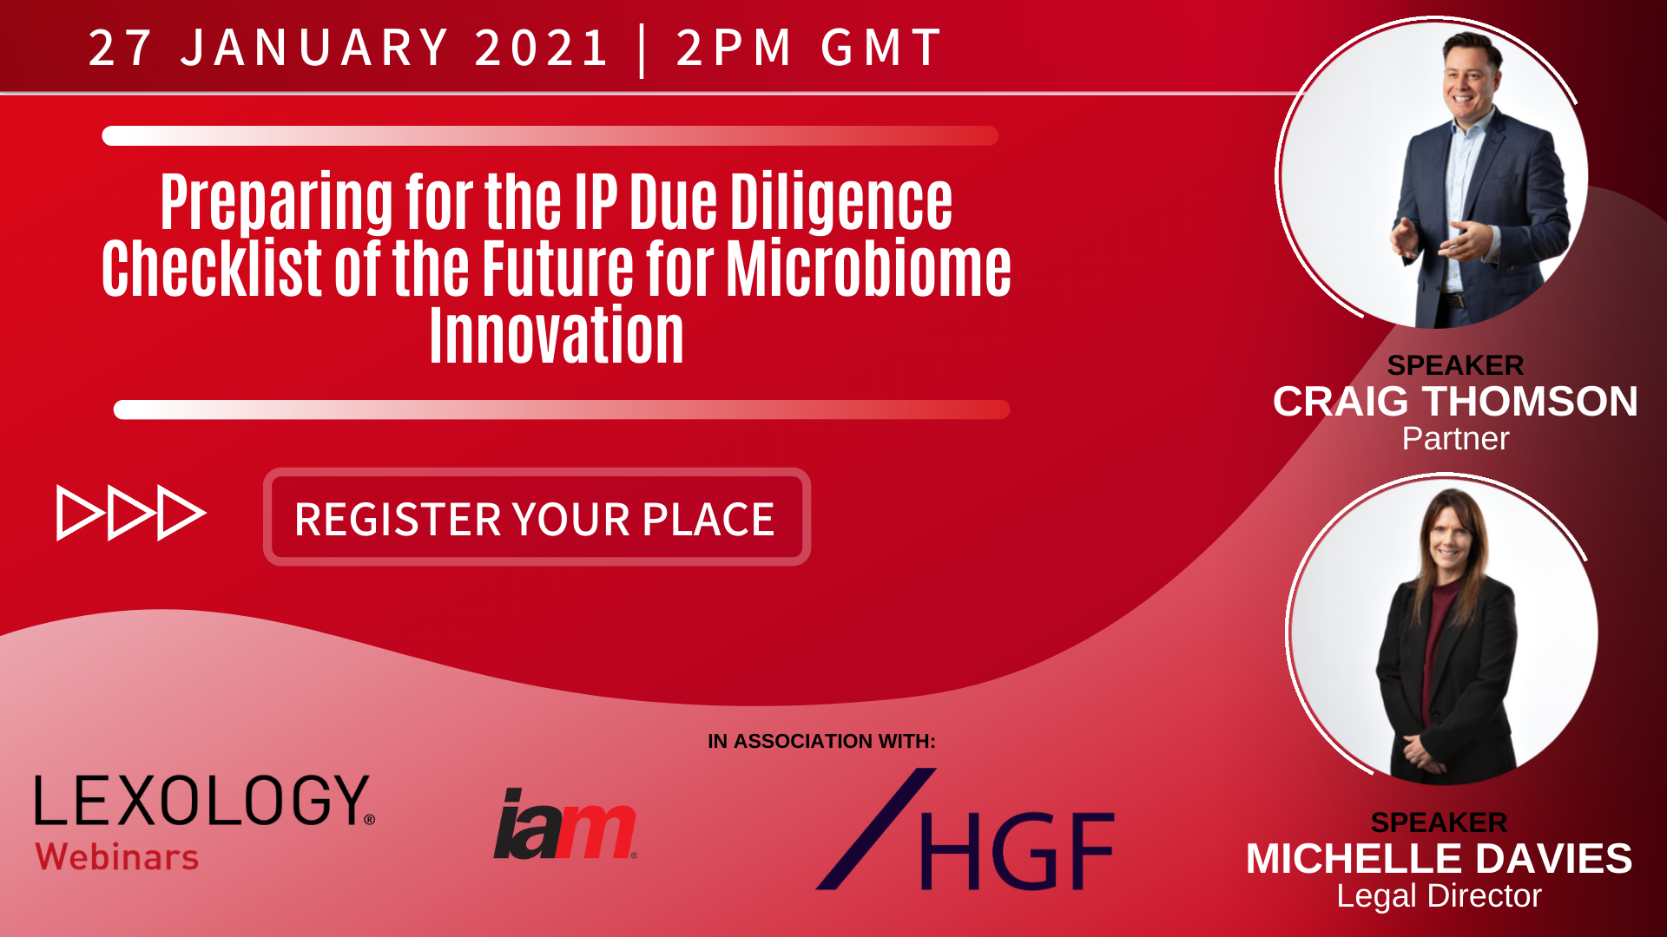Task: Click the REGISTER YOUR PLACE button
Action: pyautogui.click(x=537, y=517)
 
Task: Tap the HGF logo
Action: pyautogui.click(x=965, y=829)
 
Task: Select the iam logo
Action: pyautogui.click(x=565, y=823)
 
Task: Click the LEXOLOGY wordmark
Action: pyautogui.click(x=204, y=800)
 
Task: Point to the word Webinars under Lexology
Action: pyautogui.click(x=117, y=857)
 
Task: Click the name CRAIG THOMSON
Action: pyautogui.click(x=1455, y=402)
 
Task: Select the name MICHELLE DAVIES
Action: pyautogui.click(x=1439, y=859)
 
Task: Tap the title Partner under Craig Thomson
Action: pyautogui.click(x=1455, y=439)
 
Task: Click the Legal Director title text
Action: pyautogui.click(x=1439, y=896)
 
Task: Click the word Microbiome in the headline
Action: pyautogui.click(x=868, y=268)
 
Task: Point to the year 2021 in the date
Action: pyautogui.click(x=542, y=47)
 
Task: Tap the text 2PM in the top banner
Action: pyautogui.click(x=734, y=47)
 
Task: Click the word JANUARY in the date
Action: pyautogui.click(x=314, y=47)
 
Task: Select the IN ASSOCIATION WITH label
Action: pyautogui.click(x=821, y=741)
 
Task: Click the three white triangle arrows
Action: pyautogui.click(x=131, y=513)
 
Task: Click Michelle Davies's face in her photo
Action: pyautogui.click(x=1448, y=543)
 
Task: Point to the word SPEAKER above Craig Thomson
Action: pyautogui.click(x=1455, y=365)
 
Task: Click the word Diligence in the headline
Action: pyautogui.click(x=840, y=202)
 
